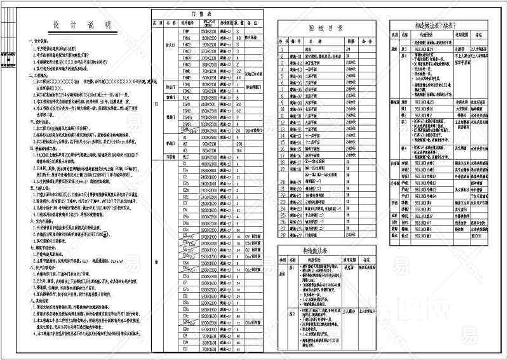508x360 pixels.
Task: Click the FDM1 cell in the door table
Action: tap(186, 84)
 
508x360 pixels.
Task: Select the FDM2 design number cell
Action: tap(186, 90)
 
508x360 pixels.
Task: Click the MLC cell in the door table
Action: tap(186, 156)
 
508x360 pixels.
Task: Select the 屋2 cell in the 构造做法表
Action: tap(291, 314)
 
